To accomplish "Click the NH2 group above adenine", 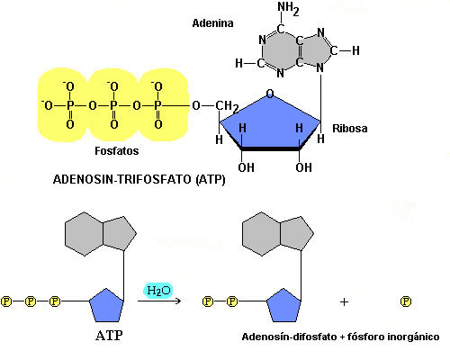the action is (x=288, y=9).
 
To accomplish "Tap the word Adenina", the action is (x=212, y=23).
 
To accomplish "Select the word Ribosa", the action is (x=350, y=129).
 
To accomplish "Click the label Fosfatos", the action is (x=117, y=150).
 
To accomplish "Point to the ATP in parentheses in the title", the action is (x=211, y=179).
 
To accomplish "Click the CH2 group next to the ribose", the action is (x=228, y=106).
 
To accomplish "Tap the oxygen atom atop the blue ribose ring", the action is (x=270, y=94).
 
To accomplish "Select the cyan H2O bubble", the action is (x=158, y=291).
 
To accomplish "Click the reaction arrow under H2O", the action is (x=159, y=301).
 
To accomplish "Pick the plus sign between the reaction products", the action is (x=344, y=301).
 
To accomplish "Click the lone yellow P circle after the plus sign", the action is (x=406, y=301).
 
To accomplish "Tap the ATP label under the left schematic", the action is (x=109, y=335).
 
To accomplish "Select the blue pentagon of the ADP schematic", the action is (x=283, y=306).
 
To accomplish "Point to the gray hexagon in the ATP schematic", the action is (x=84, y=234).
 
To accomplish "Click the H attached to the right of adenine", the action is (x=355, y=50).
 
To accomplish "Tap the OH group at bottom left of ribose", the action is (x=246, y=167).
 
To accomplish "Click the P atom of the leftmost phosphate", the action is (x=70, y=105).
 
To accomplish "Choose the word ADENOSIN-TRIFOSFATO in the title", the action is (x=122, y=179).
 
